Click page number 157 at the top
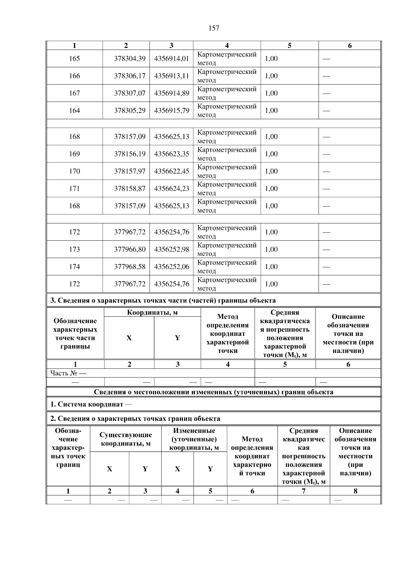click(214, 28)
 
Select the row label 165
click(74, 59)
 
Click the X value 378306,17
click(130, 76)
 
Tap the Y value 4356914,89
click(172, 93)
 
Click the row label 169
click(74, 154)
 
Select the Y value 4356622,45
click(172, 171)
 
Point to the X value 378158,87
click(130, 188)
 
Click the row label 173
click(74, 249)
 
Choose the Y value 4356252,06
click(172, 267)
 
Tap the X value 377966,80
click(130, 249)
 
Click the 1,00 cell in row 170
click(271, 171)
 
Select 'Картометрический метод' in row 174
click(227, 267)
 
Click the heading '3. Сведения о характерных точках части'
click(163, 300)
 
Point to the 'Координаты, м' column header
click(152, 312)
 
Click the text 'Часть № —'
click(68, 373)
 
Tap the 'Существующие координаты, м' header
click(126, 439)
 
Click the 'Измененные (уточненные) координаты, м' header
click(194, 439)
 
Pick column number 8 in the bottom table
click(355, 491)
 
